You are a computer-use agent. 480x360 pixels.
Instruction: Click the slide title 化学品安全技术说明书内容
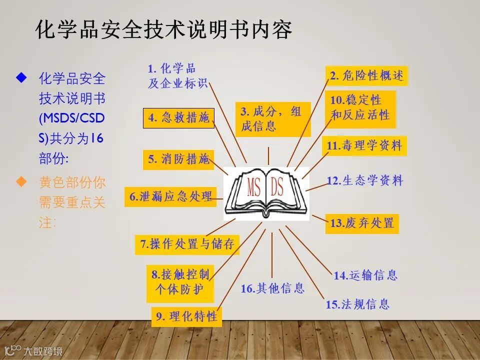coord(164,30)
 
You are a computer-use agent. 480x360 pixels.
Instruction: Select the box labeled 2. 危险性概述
coord(366,76)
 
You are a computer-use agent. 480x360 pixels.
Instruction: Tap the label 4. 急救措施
coord(178,118)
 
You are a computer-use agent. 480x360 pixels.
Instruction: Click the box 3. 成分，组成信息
coord(273,119)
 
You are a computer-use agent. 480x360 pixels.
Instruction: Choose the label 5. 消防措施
coord(178,159)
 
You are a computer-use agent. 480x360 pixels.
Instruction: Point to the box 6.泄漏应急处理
coord(170,196)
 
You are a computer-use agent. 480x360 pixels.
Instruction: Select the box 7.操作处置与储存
coord(187,244)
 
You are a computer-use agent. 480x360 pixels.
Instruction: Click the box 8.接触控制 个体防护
coord(180,283)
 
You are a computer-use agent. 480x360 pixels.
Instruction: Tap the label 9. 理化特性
coord(186,316)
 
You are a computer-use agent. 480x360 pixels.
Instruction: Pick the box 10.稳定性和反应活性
coord(360,107)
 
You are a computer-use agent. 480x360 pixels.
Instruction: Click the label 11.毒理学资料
coord(364,146)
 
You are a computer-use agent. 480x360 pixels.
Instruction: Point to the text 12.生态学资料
coord(364,180)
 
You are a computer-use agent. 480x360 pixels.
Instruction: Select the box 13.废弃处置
coord(362,223)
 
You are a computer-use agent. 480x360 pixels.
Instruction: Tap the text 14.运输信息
coord(365,275)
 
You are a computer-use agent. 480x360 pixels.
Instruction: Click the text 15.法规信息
coord(357,304)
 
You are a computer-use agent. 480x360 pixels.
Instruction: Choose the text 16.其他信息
coord(272,288)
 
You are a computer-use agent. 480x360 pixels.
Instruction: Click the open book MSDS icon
coord(265,193)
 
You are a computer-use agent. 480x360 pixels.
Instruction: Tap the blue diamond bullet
coord(21,77)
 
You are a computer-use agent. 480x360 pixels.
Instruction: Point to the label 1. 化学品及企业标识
coord(177,76)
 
